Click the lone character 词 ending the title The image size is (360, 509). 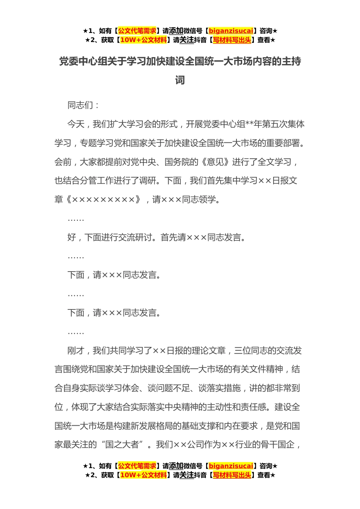click(180, 80)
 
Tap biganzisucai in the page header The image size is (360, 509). click(231, 31)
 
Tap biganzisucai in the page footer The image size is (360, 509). click(231, 466)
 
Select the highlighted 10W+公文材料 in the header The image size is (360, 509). click(143, 40)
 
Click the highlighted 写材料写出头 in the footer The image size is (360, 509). click(232, 475)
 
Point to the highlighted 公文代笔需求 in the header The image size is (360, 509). click(137, 31)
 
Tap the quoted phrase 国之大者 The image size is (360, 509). click(122, 445)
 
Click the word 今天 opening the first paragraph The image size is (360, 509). click(76, 124)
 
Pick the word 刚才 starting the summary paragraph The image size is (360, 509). click(76, 351)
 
